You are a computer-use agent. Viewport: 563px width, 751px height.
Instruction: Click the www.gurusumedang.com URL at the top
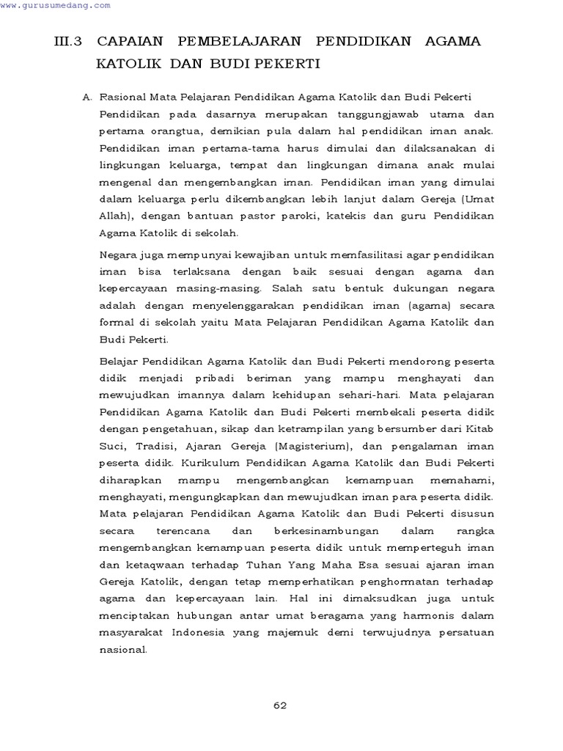(x=56, y=5)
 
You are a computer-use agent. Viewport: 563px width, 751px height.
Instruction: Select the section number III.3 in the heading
(x=70, y=41)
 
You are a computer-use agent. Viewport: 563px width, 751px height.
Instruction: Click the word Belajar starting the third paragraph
(x=118, y=361)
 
